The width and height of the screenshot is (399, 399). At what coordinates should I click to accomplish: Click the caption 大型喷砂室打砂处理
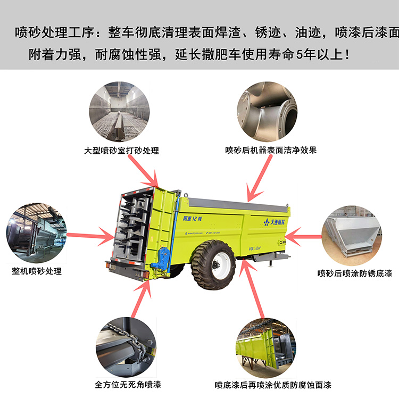[x=121, y=151]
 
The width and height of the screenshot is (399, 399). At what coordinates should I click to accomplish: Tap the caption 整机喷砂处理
[x=37, y=271]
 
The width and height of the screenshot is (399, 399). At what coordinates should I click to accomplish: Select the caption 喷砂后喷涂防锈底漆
[x=355, y=273]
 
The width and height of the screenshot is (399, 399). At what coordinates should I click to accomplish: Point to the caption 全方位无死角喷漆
[x=128, y=384]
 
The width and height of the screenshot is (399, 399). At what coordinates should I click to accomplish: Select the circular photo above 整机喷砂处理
[x=36, y=232]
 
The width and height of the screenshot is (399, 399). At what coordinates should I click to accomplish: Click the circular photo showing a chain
[x=126, y=344]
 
